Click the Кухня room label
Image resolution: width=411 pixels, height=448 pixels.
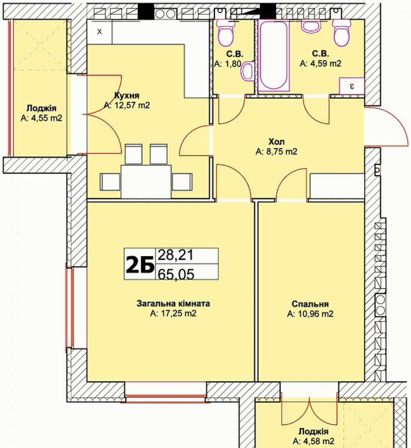pyautogui.click(x=127, y=95)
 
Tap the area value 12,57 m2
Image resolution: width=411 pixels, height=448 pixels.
pyautogui.click(x=132, y=106)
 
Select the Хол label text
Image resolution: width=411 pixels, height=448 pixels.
pyautogui.click(x=277, y=141)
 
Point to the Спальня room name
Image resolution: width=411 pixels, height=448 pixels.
pyautogui.click(x=310, y=304)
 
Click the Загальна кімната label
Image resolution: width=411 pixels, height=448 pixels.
pyautogui.click(x=173, y=303)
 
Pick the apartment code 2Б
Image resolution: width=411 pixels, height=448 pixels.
pyautogui.click(x=140, y=264)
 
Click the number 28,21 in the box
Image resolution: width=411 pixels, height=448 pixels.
pyautogui.click(x=175, y=255)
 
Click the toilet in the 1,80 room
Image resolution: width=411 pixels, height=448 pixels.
pyautogui.click(x=226, y=33)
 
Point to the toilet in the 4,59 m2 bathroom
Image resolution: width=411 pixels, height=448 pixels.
pyautogui.click(x=341, y=33)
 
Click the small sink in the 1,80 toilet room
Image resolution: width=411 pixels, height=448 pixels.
pyautogui.click(x=248, y=71)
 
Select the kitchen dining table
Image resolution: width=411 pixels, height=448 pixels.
pyautogui.click(x=146, y=181)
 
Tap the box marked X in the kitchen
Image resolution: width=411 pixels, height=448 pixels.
pyautogui.click(x=99, y=31)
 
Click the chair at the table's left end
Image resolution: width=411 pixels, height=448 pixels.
pyautogui.click(x=110, y=182)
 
